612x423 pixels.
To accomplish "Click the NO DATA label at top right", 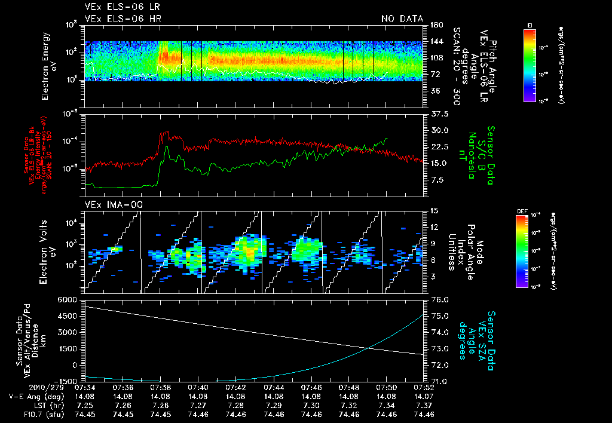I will (402, 19).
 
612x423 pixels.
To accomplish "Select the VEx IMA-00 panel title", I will (106, 204).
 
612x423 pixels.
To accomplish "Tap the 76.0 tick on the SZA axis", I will (439, 299).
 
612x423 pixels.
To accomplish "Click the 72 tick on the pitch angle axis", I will (435, 74).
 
